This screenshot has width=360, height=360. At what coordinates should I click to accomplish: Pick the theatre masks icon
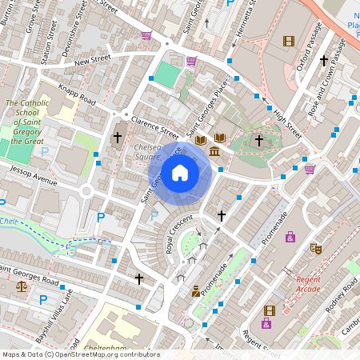click(x=316, y=249)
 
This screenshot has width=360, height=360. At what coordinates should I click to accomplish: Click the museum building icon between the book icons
click(x=215, y=150)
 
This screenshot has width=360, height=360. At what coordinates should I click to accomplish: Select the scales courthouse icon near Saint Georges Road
click(x=21, y=286)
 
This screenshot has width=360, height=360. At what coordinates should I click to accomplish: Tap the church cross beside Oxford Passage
click(x=324, y=60)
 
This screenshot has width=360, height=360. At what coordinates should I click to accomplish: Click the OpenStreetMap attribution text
click(x=80, y=354)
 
